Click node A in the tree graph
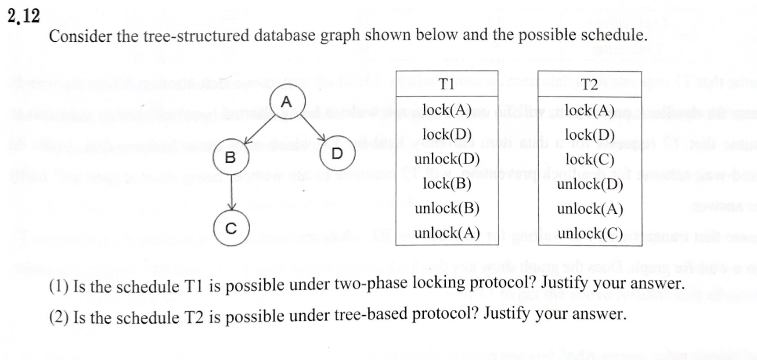287,102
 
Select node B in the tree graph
231,157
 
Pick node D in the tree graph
337,153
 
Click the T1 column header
447,84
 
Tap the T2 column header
589,84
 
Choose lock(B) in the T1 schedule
447,183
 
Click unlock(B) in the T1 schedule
447,208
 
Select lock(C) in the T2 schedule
590,159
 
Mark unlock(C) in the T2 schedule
590,233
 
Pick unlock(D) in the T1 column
447,158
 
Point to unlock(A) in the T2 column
590,209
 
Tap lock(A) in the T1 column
447,109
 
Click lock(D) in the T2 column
590,134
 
